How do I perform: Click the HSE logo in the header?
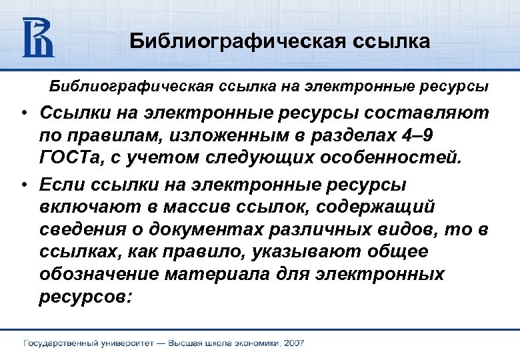click(x=38, y=38)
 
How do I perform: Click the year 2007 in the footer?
click(x=293, y=344)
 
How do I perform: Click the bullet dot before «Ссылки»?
click(x=23, y=114)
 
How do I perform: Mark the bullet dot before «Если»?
click(x=23, y=184)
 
